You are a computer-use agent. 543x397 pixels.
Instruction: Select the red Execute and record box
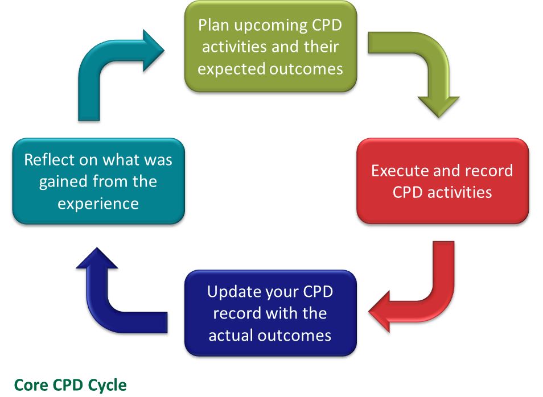442,181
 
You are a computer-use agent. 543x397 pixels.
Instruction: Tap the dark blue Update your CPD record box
270,313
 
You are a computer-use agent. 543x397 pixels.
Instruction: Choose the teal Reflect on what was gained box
98,181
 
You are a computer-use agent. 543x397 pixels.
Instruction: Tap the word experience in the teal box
98,203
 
